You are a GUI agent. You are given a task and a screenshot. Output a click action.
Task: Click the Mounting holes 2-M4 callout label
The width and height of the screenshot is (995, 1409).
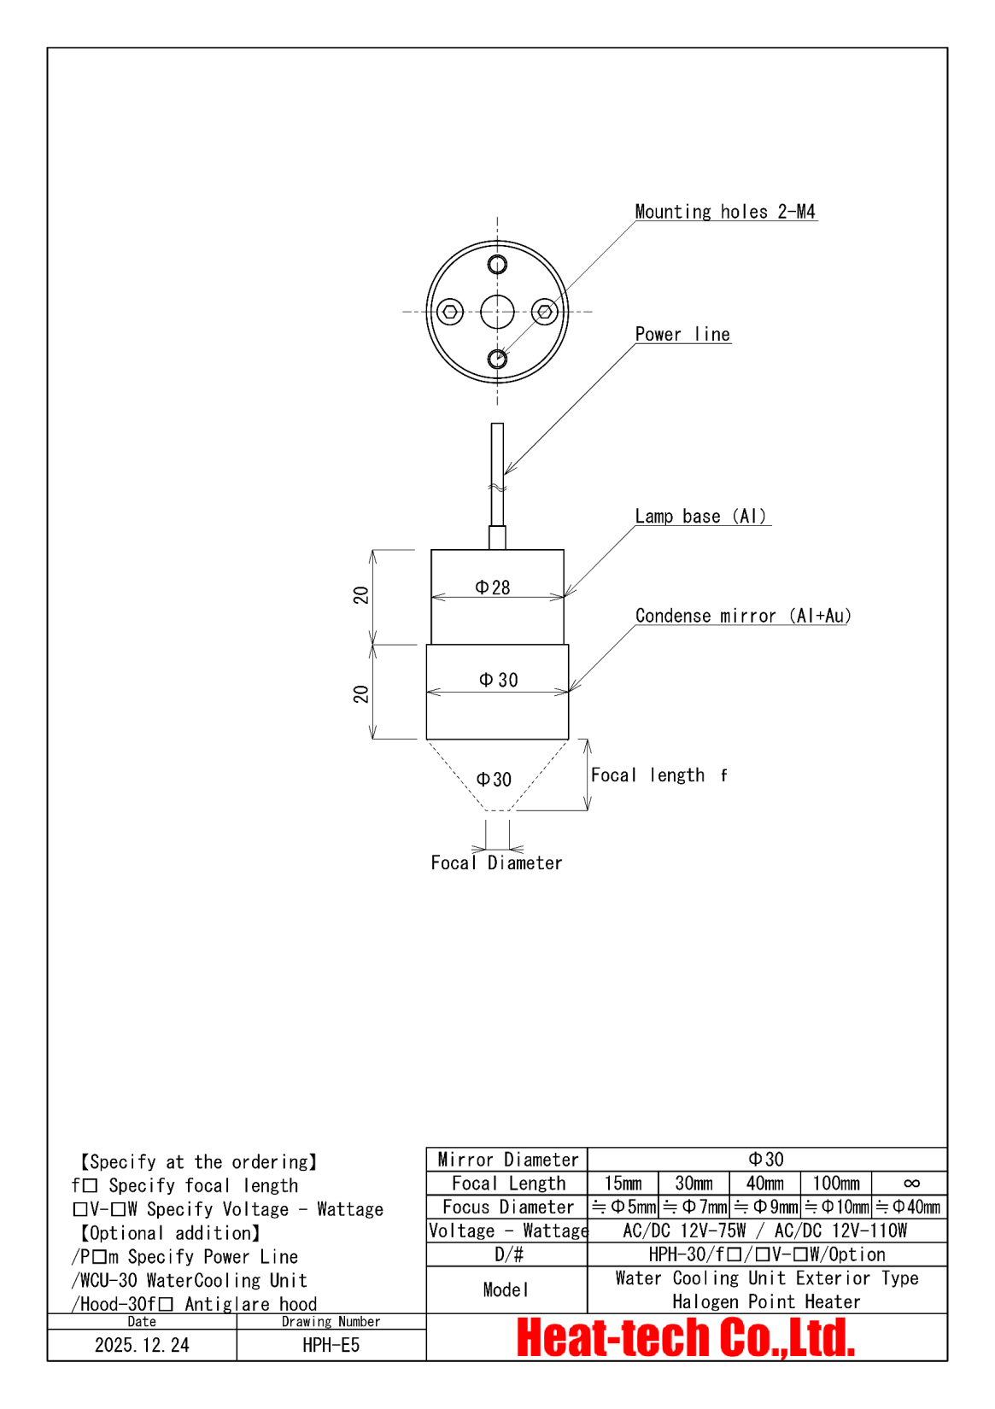pyautogui.click(x=724, y=212)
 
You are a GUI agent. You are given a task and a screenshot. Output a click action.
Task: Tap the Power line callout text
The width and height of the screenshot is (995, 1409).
pyautogui.click(x=682, y=335)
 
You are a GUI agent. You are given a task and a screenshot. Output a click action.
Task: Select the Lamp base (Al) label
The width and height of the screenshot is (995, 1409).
pyautogui.click(x=701, y=517)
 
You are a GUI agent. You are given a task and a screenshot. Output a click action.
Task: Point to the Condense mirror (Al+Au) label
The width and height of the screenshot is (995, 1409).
pyautogui.click(x=743, y=617)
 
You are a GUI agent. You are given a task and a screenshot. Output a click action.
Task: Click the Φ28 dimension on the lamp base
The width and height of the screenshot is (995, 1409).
pyautogui.click(x=493, y=588)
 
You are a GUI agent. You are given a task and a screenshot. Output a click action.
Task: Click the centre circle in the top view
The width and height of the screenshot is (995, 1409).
pyautogui.click(x=497, y=312)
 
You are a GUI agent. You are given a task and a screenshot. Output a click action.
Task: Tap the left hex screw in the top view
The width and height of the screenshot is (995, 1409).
pyautogui.click(x=450, y=312)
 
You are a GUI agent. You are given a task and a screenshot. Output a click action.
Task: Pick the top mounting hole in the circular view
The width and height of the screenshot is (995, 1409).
pyautogui.click(x=497, y=264)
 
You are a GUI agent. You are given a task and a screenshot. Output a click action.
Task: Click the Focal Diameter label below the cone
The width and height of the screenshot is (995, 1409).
pyautogui.click(x=496, y=863)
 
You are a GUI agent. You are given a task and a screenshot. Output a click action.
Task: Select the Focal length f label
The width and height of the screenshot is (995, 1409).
pyautogui.click(x=658, y=775)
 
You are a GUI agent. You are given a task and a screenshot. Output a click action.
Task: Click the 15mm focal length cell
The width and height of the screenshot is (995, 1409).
pyautogui.click(x=623, y=1184)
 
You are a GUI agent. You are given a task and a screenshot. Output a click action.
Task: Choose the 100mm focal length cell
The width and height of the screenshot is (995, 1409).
pyautogui.click(x=836, y=1184)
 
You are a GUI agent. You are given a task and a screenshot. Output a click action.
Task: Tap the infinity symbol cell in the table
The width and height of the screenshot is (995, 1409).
pyautogui.click(x=910, y=1184)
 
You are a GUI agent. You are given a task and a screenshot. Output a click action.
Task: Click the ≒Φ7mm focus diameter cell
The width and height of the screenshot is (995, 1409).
pyautogui.click(x=694, y=1207)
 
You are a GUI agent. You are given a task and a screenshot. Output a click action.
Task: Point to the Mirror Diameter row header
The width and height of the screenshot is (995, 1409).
pyautogui.click(x=507, y=1160)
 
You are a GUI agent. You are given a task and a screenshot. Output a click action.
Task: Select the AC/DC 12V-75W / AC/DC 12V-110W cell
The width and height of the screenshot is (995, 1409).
pyautogui.click(x=766, y=1231)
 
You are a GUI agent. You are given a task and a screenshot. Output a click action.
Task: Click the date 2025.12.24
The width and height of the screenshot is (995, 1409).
pyautogui.click(x=142, y=1345)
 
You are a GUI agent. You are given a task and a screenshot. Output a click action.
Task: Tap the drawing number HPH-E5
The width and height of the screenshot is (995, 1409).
pyautogui.click(x=331, y=1345)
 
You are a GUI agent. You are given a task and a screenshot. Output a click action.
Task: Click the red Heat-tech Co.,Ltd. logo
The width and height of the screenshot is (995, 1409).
pyautogui.click(x=686, y=1338)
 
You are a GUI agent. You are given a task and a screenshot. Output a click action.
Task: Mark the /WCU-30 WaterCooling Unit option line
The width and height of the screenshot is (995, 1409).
pyautogui.click(x=190, y=1281)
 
